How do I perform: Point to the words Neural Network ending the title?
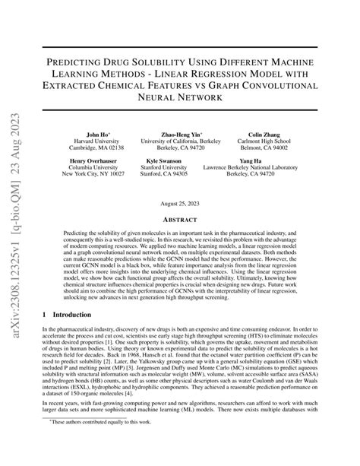tap(180, 97)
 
